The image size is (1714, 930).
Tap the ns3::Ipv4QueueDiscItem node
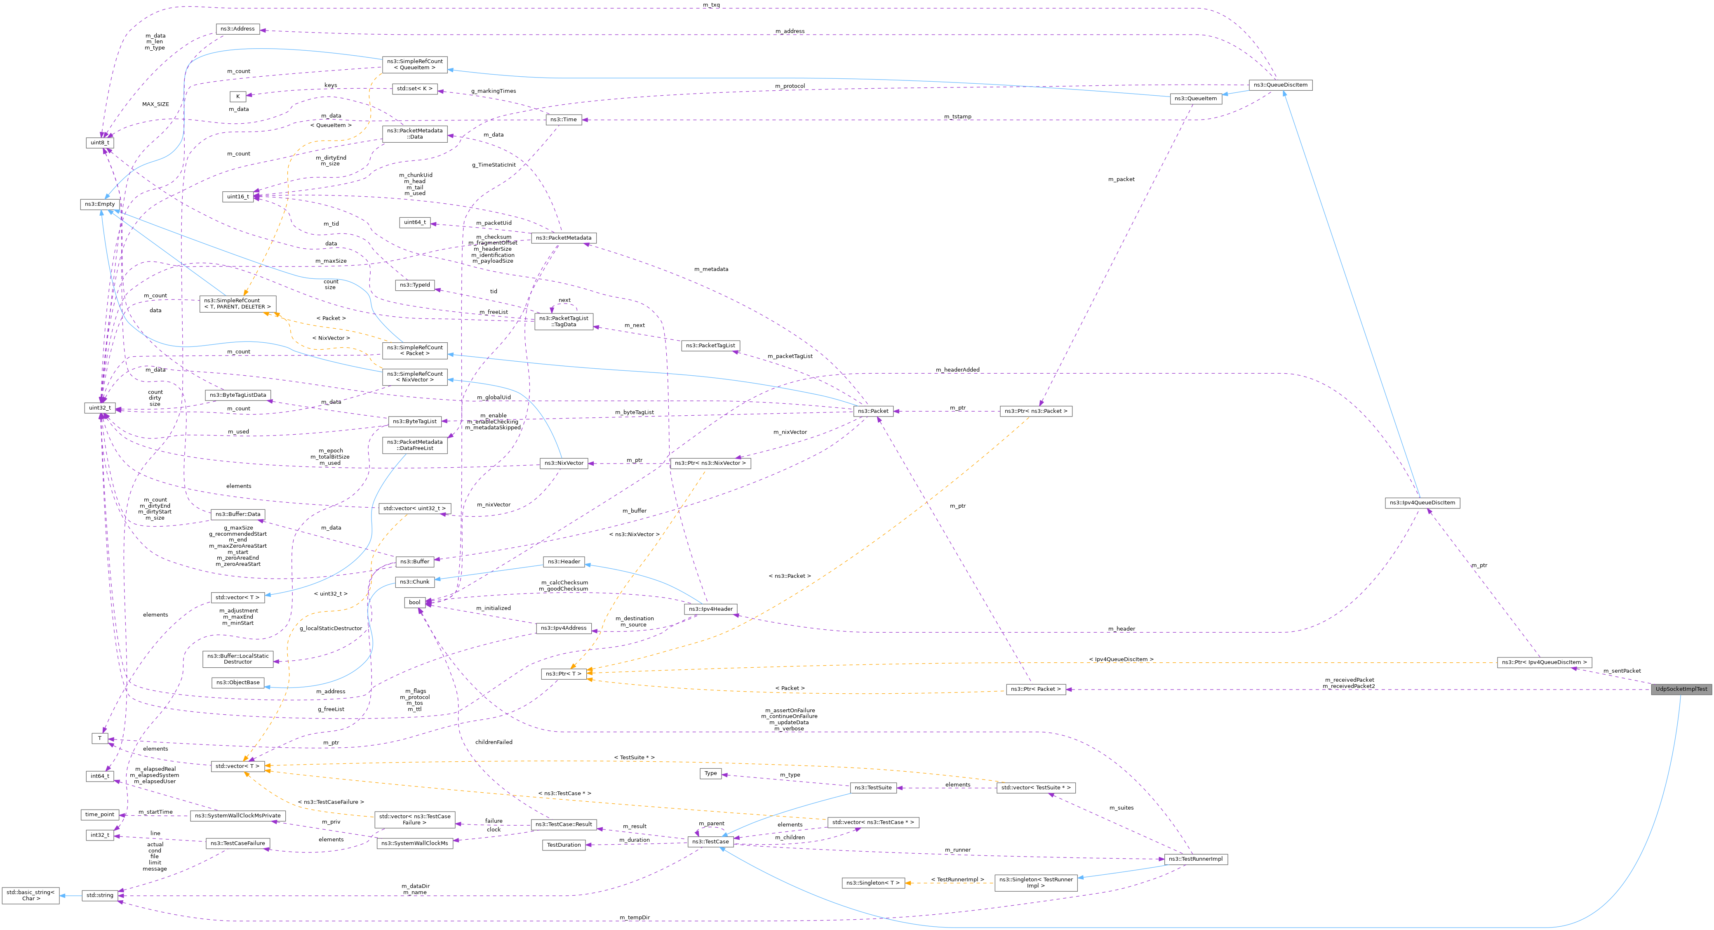click(x=1422, y=503)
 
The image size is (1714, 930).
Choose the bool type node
click(x=414, y=603)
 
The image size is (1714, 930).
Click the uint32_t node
click(x=100, y=407)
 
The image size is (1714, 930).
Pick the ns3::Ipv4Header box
click(x=710, y=609)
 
